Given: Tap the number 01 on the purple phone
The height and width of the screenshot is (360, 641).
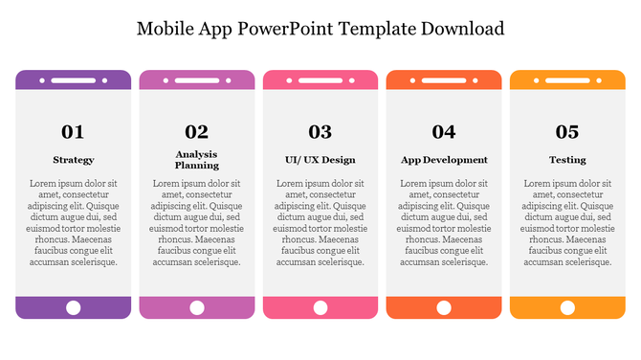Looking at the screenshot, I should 73,132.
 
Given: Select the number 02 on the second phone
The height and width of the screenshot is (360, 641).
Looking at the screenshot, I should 196,132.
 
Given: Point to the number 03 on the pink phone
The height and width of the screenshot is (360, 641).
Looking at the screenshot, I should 320,132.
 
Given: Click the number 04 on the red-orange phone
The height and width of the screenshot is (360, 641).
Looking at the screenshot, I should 443,132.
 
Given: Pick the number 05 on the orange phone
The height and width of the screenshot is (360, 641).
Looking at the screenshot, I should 567,132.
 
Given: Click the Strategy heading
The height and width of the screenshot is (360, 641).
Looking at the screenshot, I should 73,160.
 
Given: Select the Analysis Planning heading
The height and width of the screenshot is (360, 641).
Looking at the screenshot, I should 196,160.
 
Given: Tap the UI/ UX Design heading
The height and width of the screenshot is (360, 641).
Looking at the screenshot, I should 320,160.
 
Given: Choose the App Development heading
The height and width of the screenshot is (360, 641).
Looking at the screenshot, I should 443,160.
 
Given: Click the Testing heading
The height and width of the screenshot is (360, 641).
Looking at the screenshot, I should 567,160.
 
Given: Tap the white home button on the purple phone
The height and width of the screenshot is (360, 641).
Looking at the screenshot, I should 73,307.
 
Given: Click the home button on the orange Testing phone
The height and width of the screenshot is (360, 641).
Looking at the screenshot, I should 567,307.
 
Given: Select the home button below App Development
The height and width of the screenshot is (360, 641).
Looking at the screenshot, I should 443,307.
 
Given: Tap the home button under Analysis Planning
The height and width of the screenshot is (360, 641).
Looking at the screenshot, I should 196,307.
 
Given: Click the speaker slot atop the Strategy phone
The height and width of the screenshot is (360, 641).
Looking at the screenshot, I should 73,80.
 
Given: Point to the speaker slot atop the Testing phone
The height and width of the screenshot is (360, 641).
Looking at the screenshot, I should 567,80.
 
